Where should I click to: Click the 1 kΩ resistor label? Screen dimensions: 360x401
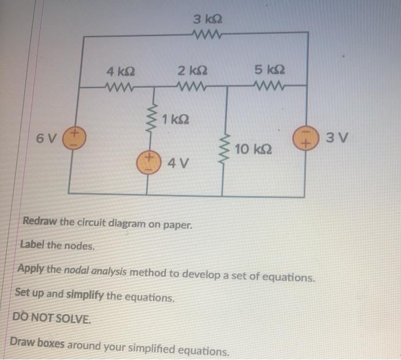[x=175, y=120]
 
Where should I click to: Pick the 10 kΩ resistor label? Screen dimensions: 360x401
[x=250, y=150]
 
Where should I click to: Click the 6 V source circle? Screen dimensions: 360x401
[x=74, y=139]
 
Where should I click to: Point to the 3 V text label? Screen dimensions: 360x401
[x=332, y=138]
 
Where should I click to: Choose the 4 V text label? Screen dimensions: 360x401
[x=177, y=165]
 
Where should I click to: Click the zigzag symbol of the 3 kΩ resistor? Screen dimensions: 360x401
[x=207, y=36]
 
